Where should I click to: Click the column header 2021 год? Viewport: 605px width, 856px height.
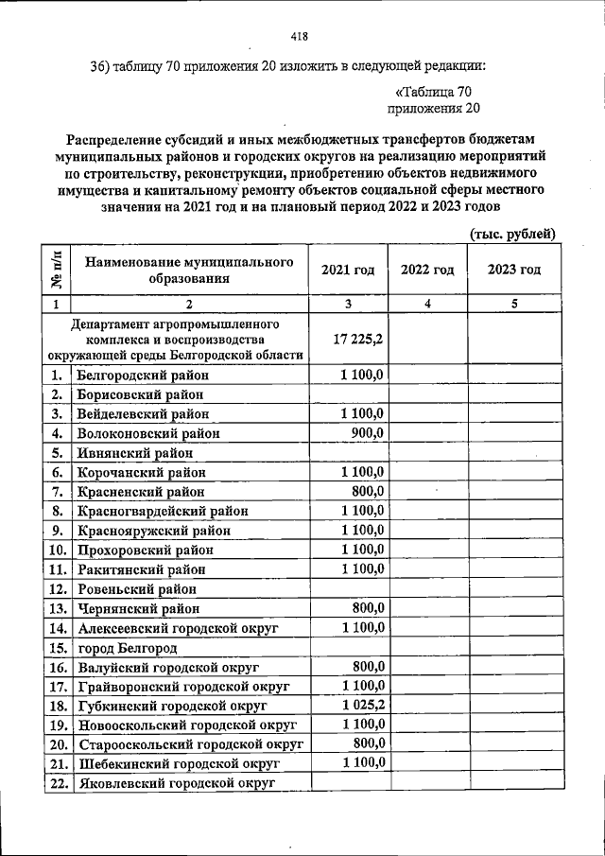348,270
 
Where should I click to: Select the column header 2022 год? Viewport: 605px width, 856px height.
427,270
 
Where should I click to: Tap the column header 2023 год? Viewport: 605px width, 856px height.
514,270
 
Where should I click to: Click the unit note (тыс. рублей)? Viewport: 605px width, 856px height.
511,234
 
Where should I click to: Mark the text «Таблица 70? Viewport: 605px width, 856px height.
430,92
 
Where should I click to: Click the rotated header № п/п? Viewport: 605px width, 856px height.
57,270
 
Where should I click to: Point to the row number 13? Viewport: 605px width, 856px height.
57,609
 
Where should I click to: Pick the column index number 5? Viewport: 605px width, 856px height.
514,305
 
